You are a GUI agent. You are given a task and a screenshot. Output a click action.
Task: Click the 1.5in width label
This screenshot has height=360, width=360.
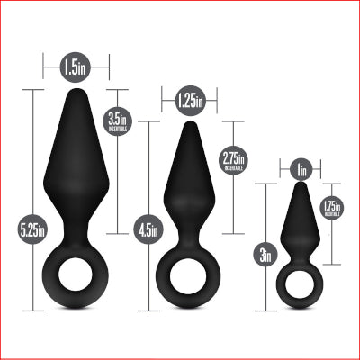point(76,67)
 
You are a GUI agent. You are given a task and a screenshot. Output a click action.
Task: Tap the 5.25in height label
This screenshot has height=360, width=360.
point(37,230)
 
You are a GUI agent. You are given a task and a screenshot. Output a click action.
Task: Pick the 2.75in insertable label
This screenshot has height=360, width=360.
point(233,160)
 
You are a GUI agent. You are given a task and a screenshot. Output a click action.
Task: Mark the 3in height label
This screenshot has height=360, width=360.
point(265,256)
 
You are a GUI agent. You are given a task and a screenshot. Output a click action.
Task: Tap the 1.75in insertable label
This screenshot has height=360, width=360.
point(332,209)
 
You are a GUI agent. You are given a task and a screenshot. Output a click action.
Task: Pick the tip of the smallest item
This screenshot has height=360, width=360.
point(302,184)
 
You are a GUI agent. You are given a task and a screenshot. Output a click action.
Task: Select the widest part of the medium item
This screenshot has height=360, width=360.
point(190,196)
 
